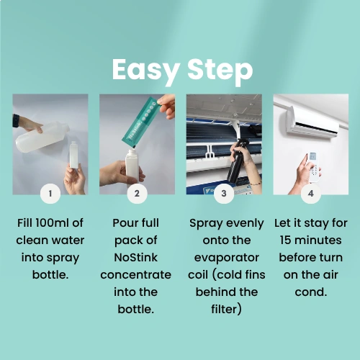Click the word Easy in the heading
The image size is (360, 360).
pyautogui.click(x=146, y=70)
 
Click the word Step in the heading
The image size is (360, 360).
pyautogui.click(x=220, y=70)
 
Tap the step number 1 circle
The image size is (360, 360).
pyautogui.click(x=50, y=194)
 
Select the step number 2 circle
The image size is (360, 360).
pyautogui.click(x=137, y=194)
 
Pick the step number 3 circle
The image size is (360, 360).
pyautogui.click(x=224, y=194)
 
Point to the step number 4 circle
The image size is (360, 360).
pyautogui.click(x=311, y=194)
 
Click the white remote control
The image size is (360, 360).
pyautogui.click(x=313, y=167)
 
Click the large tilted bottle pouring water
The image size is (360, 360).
pyautogui.click(x=42, y=138)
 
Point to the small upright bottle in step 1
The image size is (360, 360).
pyautogui.click(x=74, y=155)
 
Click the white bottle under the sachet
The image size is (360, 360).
pyautogui.click(x=132, y=166)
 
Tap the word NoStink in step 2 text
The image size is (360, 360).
pyautogui.click(x=136, y=258)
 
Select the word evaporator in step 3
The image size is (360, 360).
pyautogui.click(x=227, y=258)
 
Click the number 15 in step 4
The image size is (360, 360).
pyautogui.click(x=285, y=240)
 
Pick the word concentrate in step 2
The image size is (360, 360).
pyautogui.click(x=136, y=275)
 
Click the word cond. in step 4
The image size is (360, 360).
pyautogui.click(x=311, y=292)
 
